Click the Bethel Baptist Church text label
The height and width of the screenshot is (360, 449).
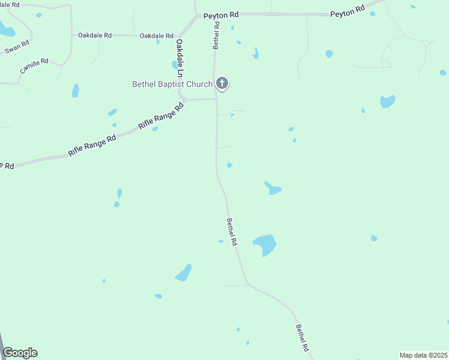pos(172,85)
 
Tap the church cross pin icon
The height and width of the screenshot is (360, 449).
pos(222,83)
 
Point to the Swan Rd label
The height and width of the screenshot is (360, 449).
pos(17,47)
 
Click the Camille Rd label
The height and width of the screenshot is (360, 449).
pos(34,66)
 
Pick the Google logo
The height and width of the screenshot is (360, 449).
pos(20,353)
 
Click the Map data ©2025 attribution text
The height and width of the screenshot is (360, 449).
pos(423,355)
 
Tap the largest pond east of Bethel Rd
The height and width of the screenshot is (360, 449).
pos(265,244)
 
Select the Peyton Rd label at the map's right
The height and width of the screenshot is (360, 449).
pos(348,11)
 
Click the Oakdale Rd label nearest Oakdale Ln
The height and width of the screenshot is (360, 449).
pos(157,36)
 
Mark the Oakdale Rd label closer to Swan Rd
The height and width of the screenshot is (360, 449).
pos(95,35)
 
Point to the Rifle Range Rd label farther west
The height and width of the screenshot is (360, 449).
pos(91,146)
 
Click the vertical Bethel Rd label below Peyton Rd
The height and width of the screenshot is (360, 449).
pos(216,37)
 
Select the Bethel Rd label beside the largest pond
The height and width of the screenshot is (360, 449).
pos(232,231)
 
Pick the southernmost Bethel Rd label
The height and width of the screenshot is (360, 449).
pos(302,338)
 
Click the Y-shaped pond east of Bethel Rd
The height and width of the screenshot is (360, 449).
pos(273,188)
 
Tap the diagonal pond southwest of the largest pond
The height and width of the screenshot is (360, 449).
pos(184,273)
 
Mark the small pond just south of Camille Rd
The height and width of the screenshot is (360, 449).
pos(76,91)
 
